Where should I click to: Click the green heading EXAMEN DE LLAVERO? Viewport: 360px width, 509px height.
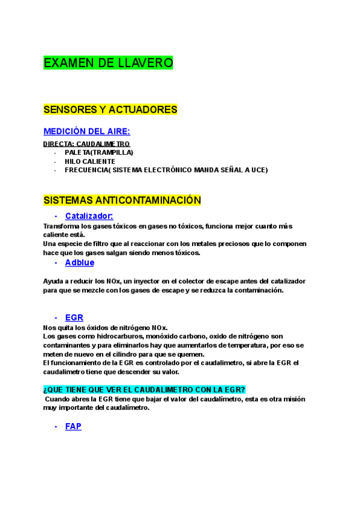tap(108, 63)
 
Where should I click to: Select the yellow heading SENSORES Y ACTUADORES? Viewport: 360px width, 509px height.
tap(110, 110)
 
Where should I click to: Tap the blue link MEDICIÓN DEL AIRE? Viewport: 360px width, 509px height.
tap(86, 131)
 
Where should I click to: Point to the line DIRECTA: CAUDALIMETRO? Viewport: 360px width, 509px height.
tap(86, 144)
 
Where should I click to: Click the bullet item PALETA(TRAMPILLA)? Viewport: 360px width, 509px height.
tap(99, 152)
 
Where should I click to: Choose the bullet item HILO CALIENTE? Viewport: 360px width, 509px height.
tap(90, 161)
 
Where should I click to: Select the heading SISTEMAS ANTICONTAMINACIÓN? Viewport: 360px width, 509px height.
tap(122, 200)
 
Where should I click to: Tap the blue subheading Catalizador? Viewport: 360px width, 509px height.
tap(89, 216)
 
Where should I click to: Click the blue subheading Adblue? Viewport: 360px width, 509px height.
tap(80, 262)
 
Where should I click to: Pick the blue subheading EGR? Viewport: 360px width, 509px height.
tap(74, 318)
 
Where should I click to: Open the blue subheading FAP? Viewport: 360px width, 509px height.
tap(73, 426)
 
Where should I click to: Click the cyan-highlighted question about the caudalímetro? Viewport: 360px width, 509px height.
tap(144, 390)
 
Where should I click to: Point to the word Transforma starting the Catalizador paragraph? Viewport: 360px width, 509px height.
tap(61, 226)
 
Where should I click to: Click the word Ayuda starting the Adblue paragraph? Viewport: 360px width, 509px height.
tap(54, 281)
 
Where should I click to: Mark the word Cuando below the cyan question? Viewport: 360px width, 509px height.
tap(59, 399)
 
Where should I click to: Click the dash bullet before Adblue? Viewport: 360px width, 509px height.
tap(56, 262)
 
